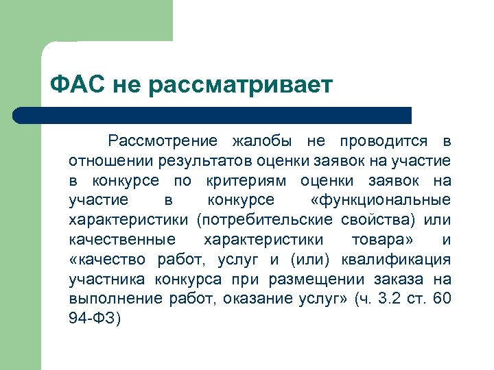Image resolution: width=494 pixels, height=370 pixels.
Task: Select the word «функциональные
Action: coord(380,201)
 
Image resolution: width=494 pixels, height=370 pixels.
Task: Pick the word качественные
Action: coord(122,241)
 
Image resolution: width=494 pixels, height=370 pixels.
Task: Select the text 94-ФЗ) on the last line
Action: coord(95,320)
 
